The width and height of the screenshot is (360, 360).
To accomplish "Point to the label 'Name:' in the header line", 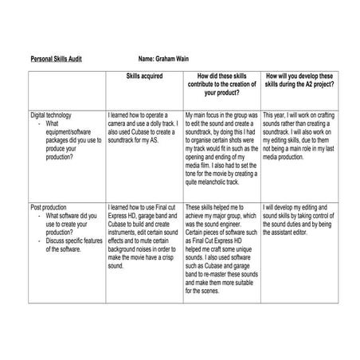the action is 147,59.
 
